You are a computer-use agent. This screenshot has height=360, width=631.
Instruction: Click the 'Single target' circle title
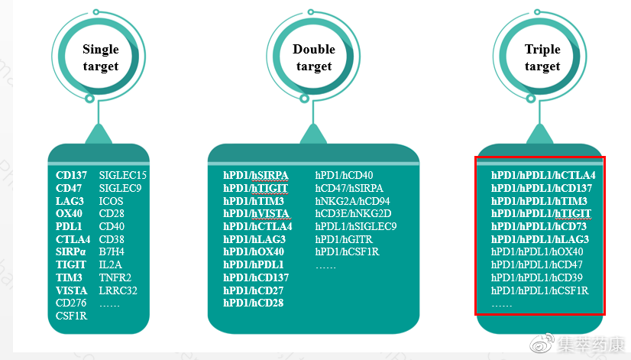point(101,58)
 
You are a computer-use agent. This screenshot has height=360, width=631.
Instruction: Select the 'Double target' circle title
point(314,58)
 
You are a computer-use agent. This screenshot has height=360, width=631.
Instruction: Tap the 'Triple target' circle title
point(542,58)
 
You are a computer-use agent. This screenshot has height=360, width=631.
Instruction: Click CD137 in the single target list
point(70,176)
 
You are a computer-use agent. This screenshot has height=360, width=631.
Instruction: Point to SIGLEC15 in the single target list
point(123,176)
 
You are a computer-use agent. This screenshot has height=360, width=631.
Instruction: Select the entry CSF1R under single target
point(72,316)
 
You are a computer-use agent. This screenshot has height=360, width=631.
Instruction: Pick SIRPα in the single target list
point(71,251)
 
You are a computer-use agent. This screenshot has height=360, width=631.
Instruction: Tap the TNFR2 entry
point(115,277)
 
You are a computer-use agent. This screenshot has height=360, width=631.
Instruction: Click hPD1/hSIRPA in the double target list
point(256,176)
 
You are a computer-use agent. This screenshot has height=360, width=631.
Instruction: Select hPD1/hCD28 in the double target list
point(254,303)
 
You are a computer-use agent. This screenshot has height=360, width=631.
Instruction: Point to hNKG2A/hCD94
point(352,201)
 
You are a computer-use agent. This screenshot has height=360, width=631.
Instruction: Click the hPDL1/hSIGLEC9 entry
point(356,226)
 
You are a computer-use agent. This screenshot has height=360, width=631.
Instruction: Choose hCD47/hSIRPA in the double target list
point(349,188)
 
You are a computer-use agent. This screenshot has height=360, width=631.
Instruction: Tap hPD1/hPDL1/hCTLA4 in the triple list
point(543,176)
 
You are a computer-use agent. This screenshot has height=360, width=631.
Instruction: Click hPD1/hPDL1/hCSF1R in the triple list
point(540,290)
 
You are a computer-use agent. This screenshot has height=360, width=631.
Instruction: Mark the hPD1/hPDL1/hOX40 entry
point(537,252)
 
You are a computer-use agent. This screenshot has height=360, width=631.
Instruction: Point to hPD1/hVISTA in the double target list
point(257,213)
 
